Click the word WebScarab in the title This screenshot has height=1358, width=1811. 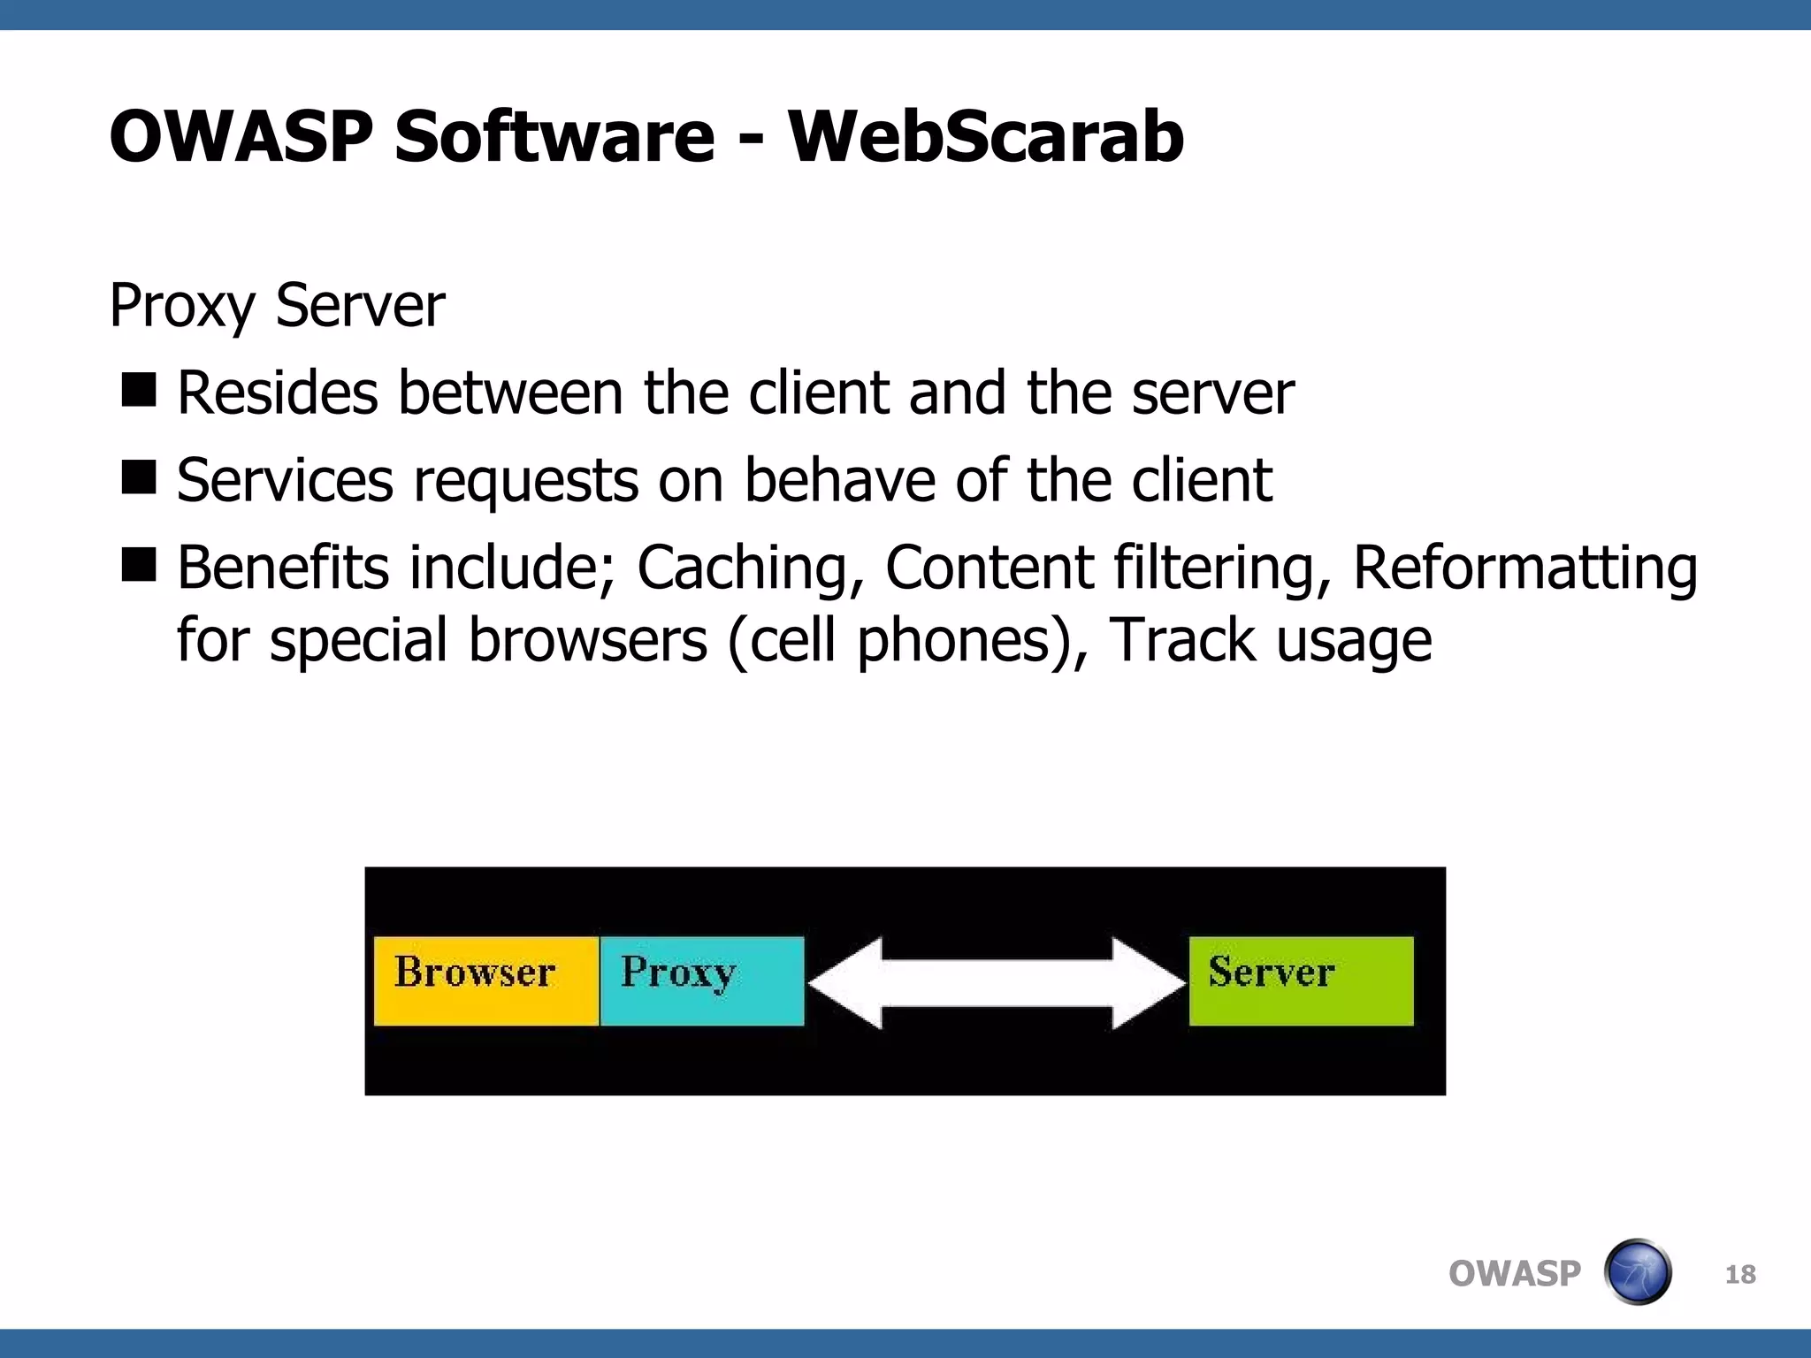[x=985, y=137]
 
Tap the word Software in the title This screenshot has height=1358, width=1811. [x=554, y=137]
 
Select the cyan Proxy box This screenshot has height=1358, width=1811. [x=701, y=980]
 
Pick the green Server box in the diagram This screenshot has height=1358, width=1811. [x=1300, y=980]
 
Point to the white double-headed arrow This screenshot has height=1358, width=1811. [x=997, y=983]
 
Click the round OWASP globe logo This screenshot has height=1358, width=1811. [x=1637, y=1272]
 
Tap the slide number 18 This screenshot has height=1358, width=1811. [x=1739, y=1274]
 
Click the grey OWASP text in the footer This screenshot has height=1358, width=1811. [x=1514, y=1274]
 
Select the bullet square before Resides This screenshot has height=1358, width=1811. [x=139, y=389]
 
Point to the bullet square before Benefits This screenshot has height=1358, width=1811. [x=139, y=564]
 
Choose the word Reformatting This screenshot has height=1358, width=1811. [x=1524, y=568]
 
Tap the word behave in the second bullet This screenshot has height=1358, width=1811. [x=839, y=481]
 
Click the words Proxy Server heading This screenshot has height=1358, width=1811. [x=277, y=306]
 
